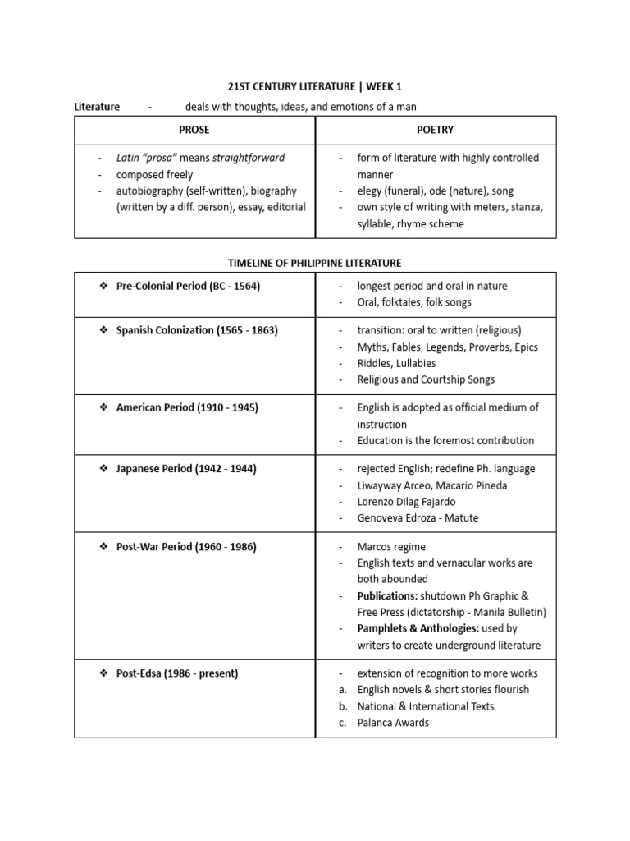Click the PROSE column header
pos(194,130)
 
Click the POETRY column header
pos(436,130)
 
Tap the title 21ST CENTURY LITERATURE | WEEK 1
pos(314,86)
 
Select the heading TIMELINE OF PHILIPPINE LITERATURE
pos(314,263)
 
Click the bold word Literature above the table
pos(97,107)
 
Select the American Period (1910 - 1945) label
pos(187,407)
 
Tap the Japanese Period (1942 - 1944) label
pos(186,469)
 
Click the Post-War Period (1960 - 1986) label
pos(186,546)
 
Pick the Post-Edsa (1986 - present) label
pos(177,673)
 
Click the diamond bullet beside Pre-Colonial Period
pos(103,286)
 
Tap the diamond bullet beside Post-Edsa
pos(103,673)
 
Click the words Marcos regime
pos(391,546)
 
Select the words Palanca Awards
pos(393,723)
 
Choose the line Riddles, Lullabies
pos(396,363)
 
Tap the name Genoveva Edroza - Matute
pos(418,518)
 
